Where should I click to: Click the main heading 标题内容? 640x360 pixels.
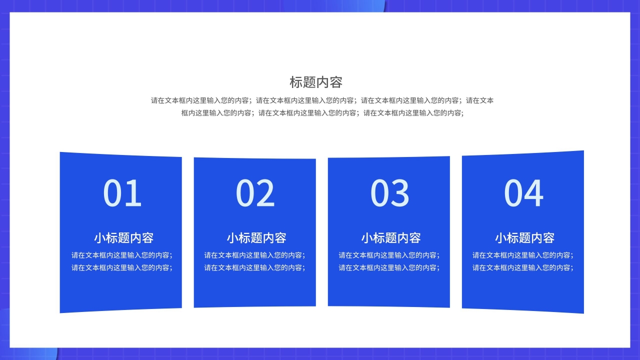click(316, 82)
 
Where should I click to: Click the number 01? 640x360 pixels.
click(122, 193)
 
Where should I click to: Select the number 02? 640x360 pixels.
click(255, 193)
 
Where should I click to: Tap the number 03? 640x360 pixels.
click(390, 193)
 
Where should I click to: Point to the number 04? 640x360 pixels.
click(523, 193)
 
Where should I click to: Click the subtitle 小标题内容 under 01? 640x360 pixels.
click(123, 237)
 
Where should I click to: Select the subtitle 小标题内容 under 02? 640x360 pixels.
click(256, 237)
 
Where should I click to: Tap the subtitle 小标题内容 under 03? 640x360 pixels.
click(391, 237)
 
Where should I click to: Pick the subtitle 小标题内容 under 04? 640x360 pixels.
click(524, 237)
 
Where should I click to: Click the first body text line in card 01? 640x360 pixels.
click(122, 255)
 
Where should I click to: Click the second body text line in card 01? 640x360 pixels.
click(122, 267)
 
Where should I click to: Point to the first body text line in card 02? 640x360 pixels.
click(254, 255)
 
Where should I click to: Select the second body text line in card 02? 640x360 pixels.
click(254, 267)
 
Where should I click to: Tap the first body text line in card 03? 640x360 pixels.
click(389, 255)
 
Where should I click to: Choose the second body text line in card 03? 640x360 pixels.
click(389, 267)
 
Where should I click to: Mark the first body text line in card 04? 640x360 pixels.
click(523, 255)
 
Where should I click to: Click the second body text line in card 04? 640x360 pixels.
click(523, 267)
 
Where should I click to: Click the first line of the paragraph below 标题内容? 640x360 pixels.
click(322, 100)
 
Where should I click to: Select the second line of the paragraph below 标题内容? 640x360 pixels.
click(322, 113)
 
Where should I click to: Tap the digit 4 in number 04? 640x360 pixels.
click(534, 193)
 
